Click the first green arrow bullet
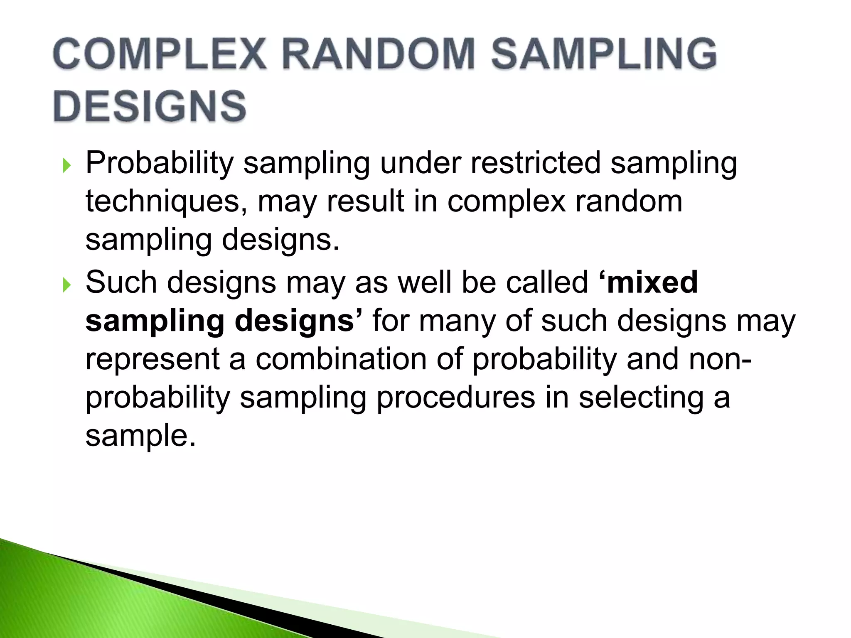[66, 166]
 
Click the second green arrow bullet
[66, 285]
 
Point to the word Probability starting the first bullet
[160, 163]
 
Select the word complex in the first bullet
[507, 202]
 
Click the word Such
[121, 282]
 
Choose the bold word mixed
[651, 282]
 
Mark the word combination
[341, 359]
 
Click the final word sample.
[140, 436]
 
